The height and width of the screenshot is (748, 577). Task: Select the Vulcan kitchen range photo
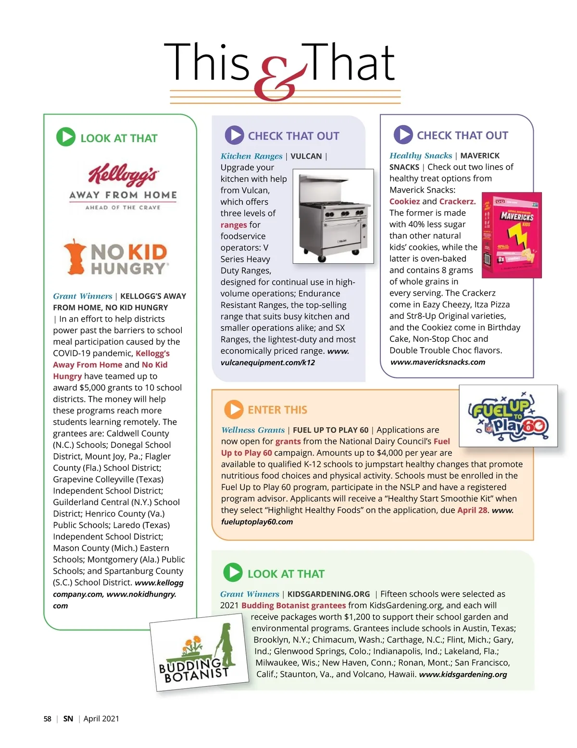pyautogui.click(x=333, y=216)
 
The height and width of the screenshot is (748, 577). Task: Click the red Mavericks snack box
pyautogui.click(x=512, y=235)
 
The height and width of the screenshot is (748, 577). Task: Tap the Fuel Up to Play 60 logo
pyautogui.click(x=508, y=416)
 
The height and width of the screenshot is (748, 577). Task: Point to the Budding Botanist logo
pyautogui.click(x=199, y=656)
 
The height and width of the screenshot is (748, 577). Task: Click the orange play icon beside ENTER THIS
pyautogui.click(x=234, y=410)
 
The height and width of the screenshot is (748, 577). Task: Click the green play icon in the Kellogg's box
pyautogui.click(x=66, y=137)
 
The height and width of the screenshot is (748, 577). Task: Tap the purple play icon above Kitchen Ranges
pyautogui.click(x=234, y=135)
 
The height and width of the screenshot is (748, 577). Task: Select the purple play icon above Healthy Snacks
pyautogui.click(x=403, y=135)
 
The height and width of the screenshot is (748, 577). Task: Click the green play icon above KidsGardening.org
pyautogui.click(x=233, y=573)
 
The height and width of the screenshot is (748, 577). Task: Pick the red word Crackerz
pyautogui.click(x=457, y=202)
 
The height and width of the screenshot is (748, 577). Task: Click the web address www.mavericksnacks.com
pyautogui.click(x=438, y=362)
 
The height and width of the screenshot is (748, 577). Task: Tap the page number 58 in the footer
pyautogui.click(x=47, y=719)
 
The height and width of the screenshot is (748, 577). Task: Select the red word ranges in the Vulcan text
pyautogui.click(x=234, y=225)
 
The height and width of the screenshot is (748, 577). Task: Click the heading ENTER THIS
pyautogui.click(x=277, y=410)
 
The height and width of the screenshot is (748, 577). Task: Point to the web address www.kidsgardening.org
pyautogui.click(x=463, y=675)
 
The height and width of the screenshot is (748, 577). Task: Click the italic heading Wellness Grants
pyautogui.click(x=253, y=430)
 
